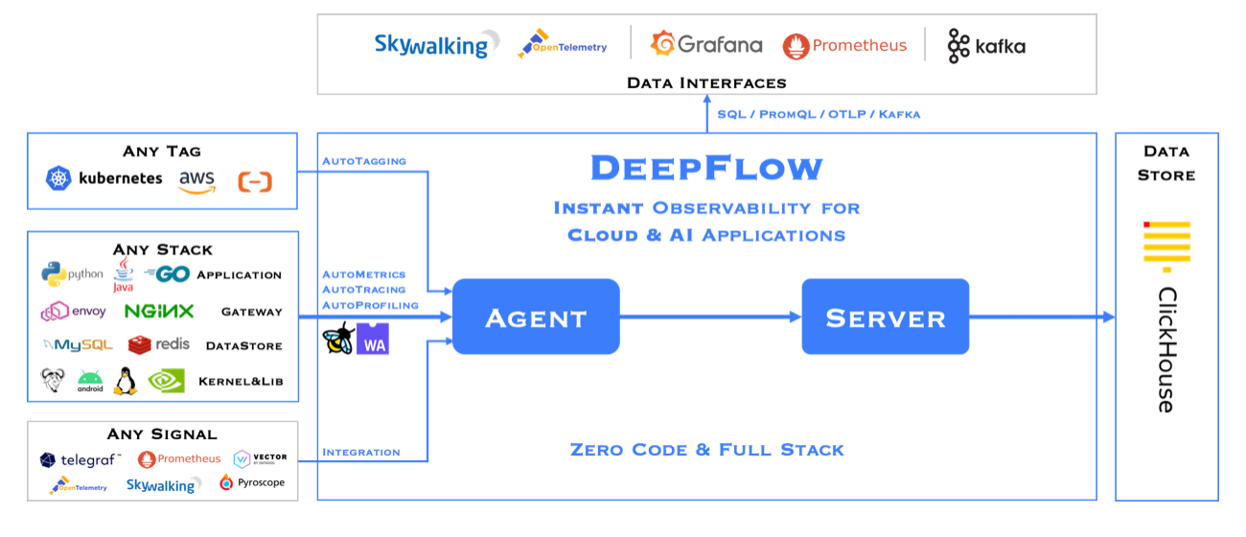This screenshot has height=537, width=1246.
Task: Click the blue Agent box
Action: [x=536, y=316]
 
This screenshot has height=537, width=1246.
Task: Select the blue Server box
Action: [x=885, y=316]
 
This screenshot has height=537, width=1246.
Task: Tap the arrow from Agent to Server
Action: [x=710, y=317]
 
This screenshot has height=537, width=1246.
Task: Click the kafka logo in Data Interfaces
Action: [x=986, y=46]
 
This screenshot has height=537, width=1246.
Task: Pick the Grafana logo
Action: [x=706, y=44]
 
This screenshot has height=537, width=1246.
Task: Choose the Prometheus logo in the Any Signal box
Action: [x=179, y=459]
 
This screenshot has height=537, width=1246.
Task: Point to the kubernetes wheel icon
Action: [x=58, y=178]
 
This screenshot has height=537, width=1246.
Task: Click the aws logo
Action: [x=196, y=181]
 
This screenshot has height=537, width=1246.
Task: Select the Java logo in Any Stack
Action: [x=124, y=275]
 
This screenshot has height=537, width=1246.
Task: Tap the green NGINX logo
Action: [x=159, y=311]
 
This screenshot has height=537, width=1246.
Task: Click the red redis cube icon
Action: [x=140, y=345]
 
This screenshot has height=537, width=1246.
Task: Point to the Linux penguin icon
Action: [x=126, y=382]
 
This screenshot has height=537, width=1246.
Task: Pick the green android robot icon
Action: [x=90, y=382]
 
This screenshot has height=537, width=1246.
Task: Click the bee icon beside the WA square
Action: [x=338, y=338]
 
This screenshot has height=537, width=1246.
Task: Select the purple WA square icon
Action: [x=373, y=339]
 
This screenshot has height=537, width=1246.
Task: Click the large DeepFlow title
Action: [x=706, y=168]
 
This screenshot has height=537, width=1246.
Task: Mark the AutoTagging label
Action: [x=364, y=161]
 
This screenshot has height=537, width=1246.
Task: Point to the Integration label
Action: [x=361, y=453]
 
